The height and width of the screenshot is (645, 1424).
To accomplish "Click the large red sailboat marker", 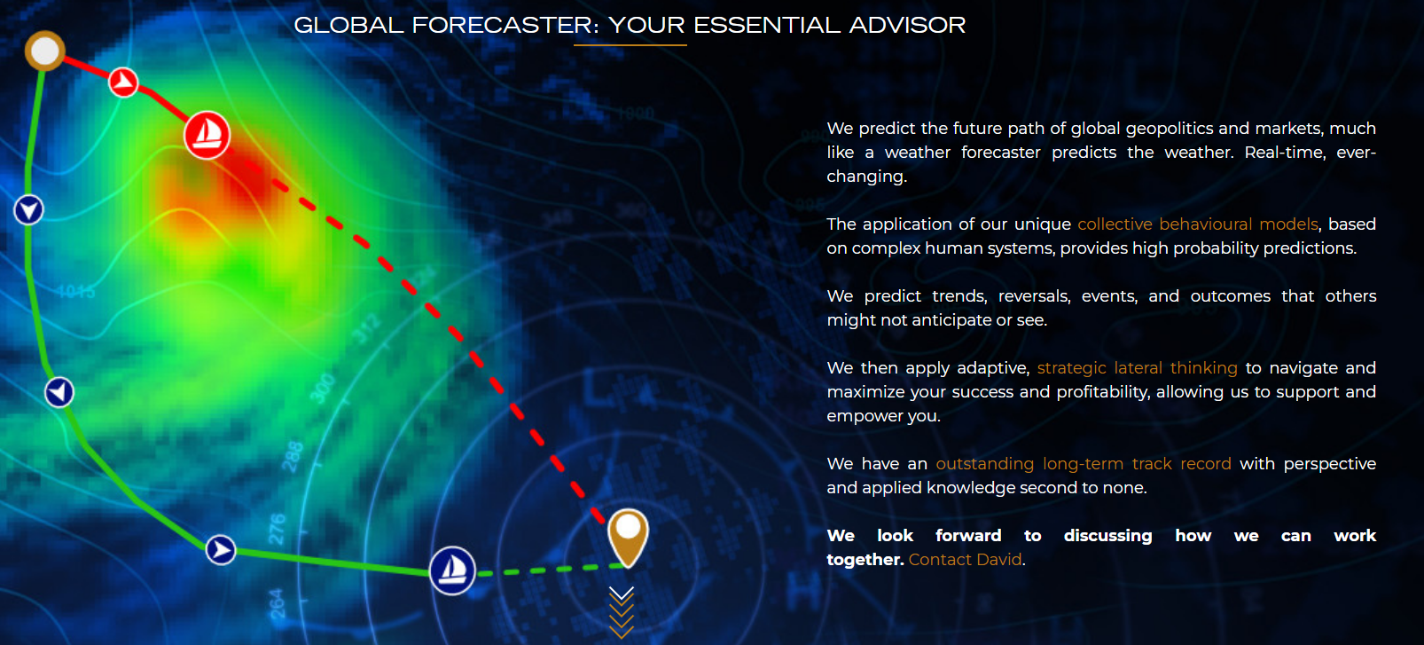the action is coord(207,135).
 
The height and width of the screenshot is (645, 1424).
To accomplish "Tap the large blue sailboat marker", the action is coord(452,570).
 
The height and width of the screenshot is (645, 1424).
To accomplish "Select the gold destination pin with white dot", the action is coord(628,537).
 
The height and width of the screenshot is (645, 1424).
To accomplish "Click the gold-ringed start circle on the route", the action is coord(44,51).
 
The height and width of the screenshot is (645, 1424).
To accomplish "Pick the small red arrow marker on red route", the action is coord(122,82).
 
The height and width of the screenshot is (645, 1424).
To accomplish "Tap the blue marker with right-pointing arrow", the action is coord(221,549).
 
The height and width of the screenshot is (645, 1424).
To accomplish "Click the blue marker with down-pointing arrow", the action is coord(28,210).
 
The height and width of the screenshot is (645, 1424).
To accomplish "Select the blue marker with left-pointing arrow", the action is coord(59,392).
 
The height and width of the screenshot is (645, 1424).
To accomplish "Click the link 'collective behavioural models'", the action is coord(1198,224).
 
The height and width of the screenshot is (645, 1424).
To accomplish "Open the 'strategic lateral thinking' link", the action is coord(1138,368).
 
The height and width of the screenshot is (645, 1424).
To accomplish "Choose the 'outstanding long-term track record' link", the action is coord(1084,464).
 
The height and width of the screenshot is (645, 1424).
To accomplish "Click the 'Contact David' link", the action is coord(965,560).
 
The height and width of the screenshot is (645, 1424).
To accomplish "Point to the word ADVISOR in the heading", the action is coord(907,26).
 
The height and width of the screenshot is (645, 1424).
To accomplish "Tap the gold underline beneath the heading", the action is coord(630,45).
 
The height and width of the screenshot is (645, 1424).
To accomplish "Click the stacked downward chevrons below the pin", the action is coord(621,612).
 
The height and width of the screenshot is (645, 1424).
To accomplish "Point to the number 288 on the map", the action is coord(293,457).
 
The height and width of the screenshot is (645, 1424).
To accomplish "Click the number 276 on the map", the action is coord(278,530).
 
